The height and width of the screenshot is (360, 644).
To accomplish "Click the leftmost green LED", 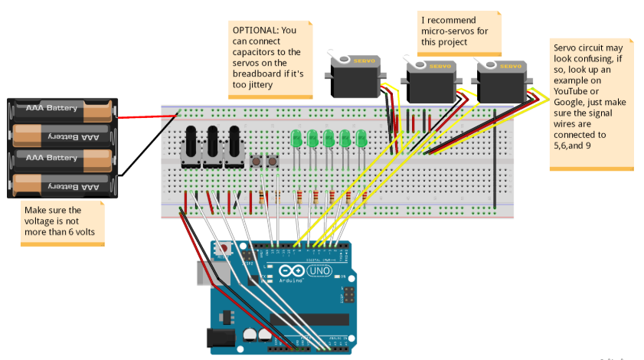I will (x=296, y=138).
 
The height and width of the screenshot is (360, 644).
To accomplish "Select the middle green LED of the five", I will (x=329, y=138).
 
